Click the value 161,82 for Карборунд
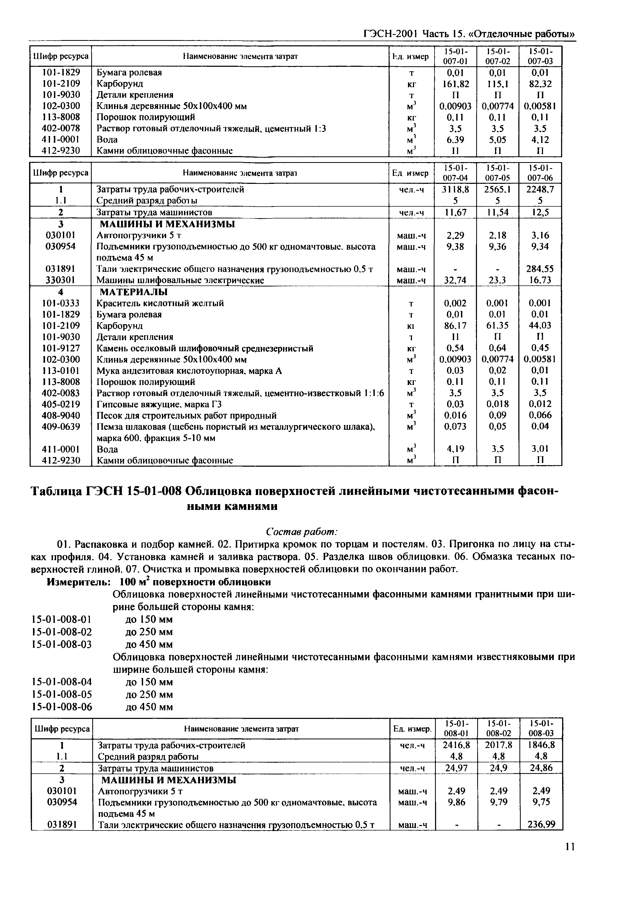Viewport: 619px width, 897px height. click(456, 84)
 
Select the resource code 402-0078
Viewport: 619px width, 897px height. click(61, 128)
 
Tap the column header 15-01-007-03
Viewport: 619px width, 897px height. click(540, 56)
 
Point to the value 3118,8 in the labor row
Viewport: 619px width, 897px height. click(456, 189)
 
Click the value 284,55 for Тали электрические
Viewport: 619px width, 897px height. click(540, 269)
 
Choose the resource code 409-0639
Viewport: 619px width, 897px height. click(61, 426)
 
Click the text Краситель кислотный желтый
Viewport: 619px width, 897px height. click(160, 303)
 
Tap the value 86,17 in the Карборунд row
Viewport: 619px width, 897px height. click(456, 326)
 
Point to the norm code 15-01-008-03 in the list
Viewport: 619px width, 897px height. click(62, 644)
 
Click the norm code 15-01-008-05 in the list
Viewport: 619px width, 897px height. click(62, 694)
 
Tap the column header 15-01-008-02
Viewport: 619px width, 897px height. click(499, 729)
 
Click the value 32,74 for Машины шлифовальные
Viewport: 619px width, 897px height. click(456, 280)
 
